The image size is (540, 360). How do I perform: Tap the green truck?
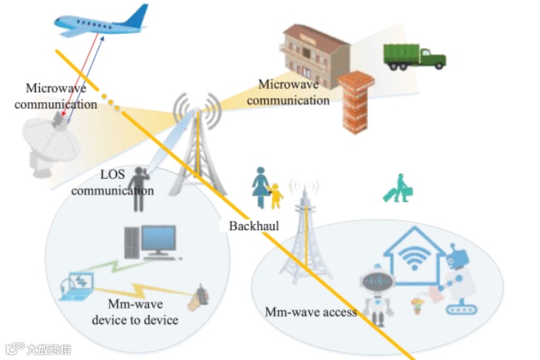coord(414,56)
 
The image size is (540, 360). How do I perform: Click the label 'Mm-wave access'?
coord(310,312)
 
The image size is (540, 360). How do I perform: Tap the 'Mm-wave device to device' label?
coord(135,313)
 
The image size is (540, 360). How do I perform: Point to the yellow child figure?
coord(276,195)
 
